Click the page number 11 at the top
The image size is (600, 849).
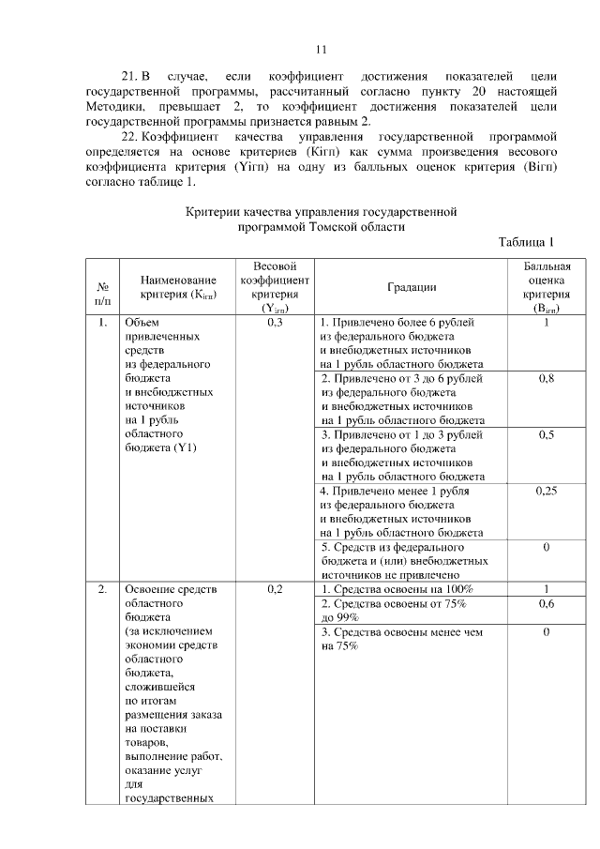point(321,50)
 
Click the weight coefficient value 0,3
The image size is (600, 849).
point(275,323)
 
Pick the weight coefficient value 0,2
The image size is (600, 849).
point(275,589)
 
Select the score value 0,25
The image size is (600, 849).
point(546,491)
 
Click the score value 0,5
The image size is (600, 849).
point(546,435)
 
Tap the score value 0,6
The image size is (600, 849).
point(546,605)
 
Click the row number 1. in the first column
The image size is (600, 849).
point(101,323)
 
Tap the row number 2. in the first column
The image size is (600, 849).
point(101,589)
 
